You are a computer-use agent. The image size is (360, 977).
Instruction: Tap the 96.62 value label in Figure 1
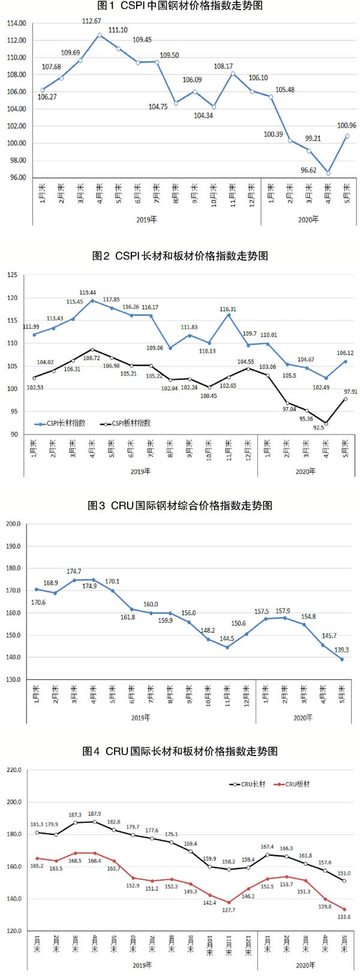tap(308, 170)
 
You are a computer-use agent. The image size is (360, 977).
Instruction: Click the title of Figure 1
tap(179, 6)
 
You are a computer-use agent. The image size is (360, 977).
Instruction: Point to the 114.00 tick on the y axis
tap(16, 23)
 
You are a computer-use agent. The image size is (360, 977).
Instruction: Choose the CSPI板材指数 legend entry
tap(127, 423)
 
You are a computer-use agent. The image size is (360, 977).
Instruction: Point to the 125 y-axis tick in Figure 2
tap(13, 275)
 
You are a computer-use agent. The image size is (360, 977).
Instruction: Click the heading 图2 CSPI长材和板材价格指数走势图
tap(179, 256)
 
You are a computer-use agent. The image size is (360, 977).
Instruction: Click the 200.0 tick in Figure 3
tap(13, 524)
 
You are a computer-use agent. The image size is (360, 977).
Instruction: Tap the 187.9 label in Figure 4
tap(94, 814)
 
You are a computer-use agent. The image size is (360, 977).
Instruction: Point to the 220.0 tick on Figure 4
tap(13, 770)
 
